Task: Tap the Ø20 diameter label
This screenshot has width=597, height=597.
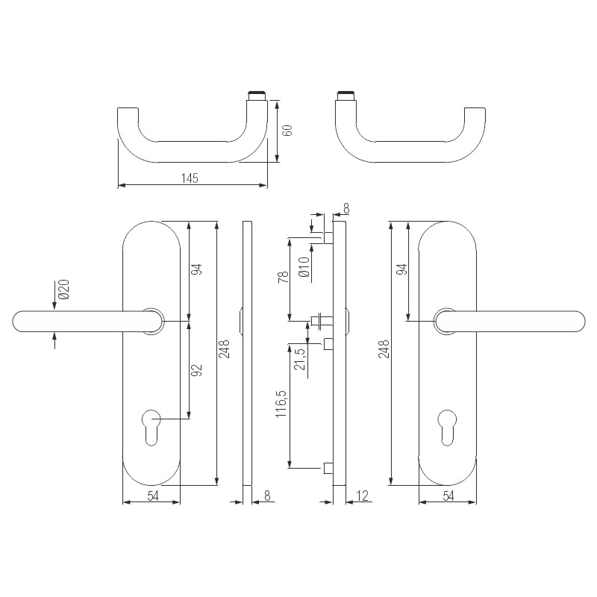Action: tap(63, 290)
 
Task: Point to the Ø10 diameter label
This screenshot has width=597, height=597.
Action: tap(303, 266)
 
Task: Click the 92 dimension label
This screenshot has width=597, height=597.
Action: tap(198, 371)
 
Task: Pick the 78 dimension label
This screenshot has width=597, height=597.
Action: tap(282, 278)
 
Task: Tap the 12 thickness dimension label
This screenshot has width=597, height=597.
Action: tap(363, 495)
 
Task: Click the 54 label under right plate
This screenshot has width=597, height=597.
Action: tap(448, 496)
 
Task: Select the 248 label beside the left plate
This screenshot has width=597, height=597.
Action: tap(225, 349)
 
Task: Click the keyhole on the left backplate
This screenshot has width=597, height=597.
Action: tap(151, 425)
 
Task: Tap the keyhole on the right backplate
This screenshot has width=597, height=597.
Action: tap(447, 425)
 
